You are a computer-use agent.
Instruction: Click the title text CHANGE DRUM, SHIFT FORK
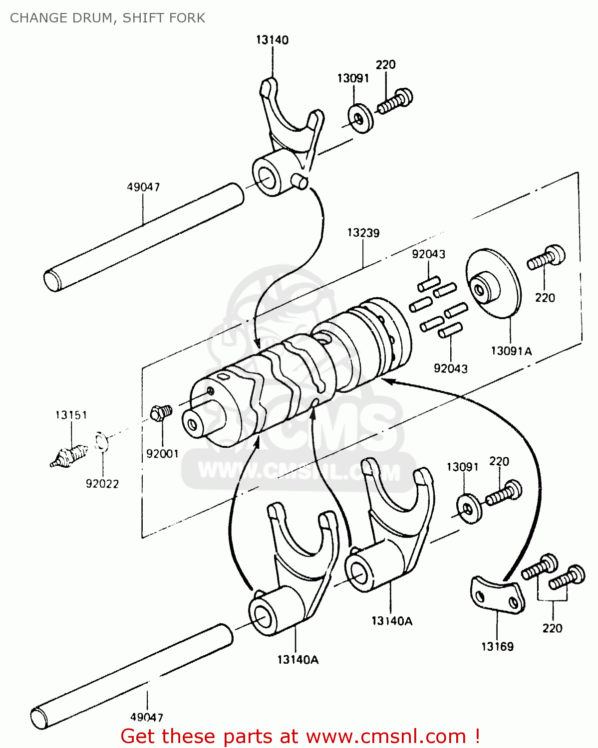(107, 18)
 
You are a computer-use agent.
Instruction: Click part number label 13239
(363, 233)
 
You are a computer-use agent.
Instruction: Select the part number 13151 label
(71, 415)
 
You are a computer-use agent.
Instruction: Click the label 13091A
(511, 351)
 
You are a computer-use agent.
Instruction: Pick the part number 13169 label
(497, 647)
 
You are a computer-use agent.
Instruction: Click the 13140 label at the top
(272, 40)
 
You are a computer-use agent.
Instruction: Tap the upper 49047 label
(143, 187)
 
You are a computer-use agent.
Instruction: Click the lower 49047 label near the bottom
(147, 717)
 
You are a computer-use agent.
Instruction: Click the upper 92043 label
(428, 254)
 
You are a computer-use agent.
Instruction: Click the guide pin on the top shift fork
(300, 182)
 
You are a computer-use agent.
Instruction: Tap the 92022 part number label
(102, 484)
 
